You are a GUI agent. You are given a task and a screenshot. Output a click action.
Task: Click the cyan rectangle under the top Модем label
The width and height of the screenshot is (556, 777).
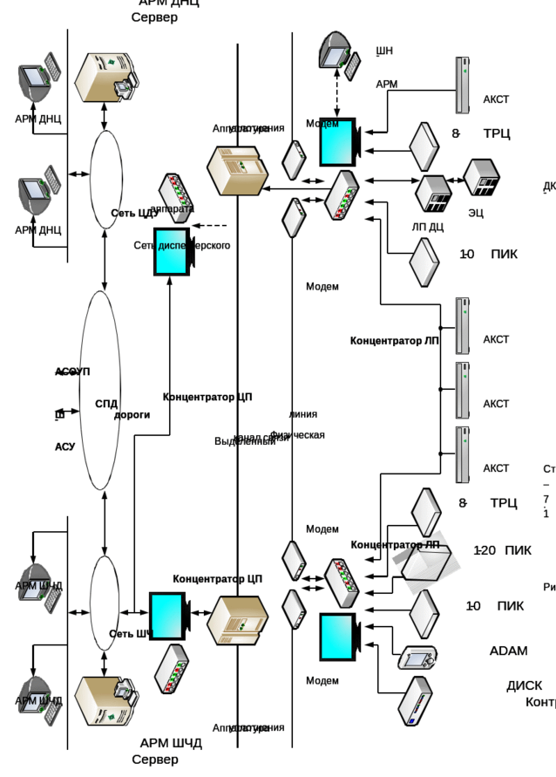coord(336,142)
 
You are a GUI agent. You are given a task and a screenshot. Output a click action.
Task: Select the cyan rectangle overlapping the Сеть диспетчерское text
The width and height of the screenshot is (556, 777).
coord(171,252)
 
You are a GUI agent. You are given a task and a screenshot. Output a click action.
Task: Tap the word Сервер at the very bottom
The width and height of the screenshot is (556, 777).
coord(155,760)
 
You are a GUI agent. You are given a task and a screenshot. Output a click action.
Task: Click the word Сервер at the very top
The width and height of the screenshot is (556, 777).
coord(155,17)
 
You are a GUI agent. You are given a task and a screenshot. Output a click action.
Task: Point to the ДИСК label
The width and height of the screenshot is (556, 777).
coord(525,685)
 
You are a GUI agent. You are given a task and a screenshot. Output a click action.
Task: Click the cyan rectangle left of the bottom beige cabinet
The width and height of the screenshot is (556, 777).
coord(166,616)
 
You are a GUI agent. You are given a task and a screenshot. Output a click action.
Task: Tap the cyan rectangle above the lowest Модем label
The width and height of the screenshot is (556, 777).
coord(336,637)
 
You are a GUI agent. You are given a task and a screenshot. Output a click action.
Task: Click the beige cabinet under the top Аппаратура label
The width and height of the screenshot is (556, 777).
coord(238,171)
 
